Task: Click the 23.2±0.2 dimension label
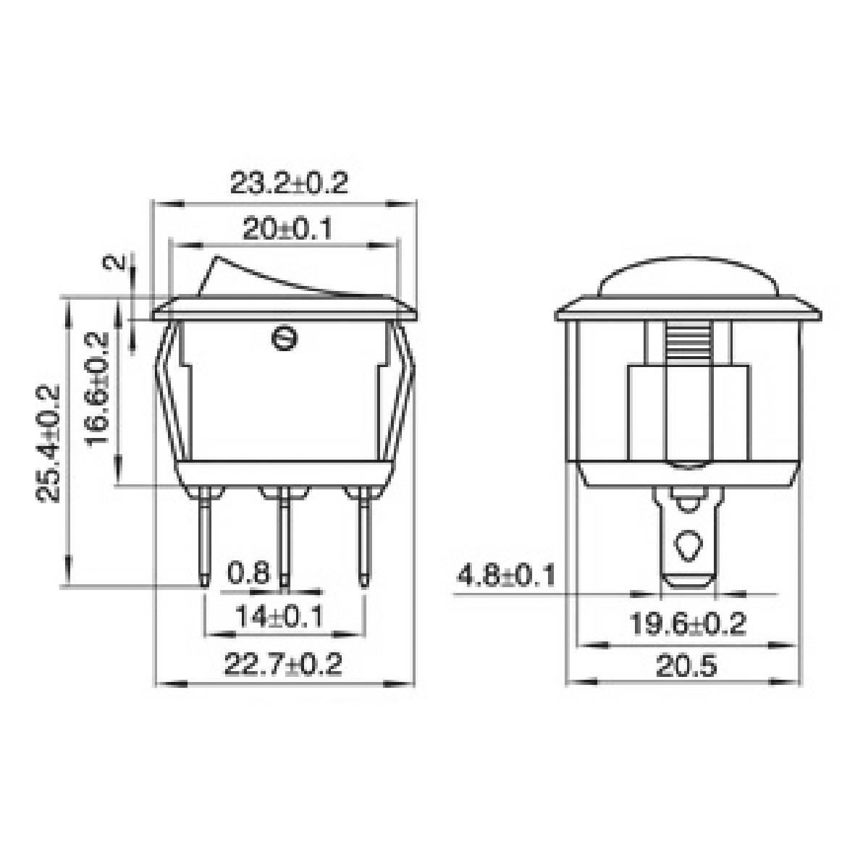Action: [289, 183]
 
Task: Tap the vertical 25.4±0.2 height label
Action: [49, 443]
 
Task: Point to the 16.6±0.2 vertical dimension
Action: [99, 389]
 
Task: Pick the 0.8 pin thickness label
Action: [248, 573]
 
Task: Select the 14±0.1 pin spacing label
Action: [279, 618]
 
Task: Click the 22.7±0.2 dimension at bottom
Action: [282, 665]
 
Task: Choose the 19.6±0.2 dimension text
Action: [686, 623]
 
